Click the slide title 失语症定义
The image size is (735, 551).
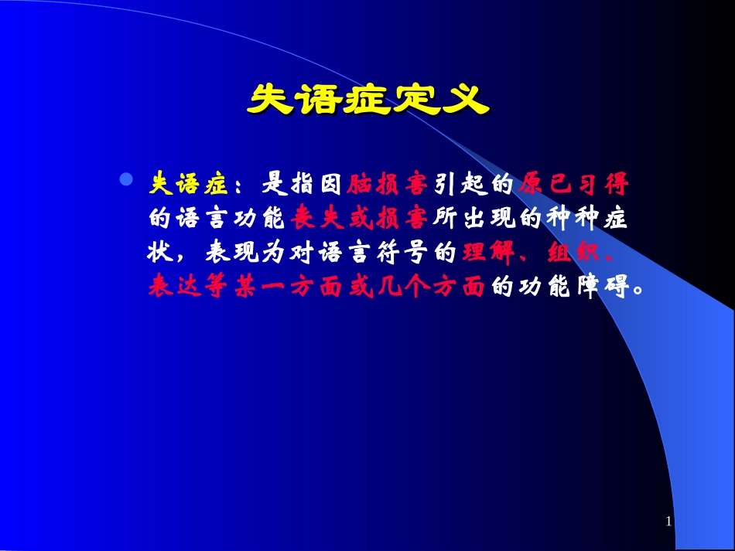(x=367, y=100)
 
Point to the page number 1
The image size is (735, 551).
(x=668, y=522)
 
